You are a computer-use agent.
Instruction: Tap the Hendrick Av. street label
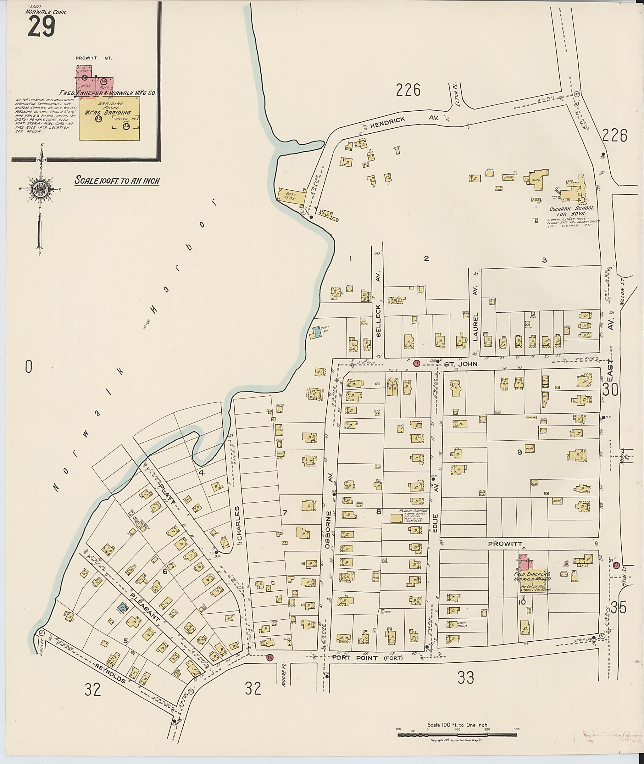click(388, 122)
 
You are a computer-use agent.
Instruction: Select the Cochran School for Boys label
click(571, 211)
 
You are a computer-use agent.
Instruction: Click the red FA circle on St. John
click(416, 363)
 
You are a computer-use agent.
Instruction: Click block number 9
click(519, 452)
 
